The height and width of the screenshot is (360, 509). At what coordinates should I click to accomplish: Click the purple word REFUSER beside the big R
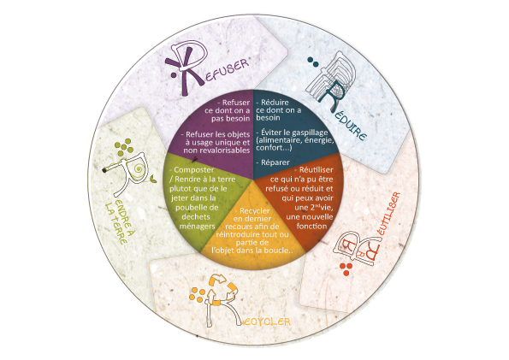(227, 69)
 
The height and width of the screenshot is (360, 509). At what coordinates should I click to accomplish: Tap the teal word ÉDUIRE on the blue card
(349, 127)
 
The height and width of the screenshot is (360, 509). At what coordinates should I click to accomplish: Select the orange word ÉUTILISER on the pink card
(388, 214)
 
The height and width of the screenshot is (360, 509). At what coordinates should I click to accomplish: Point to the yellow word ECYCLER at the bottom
(267, 322)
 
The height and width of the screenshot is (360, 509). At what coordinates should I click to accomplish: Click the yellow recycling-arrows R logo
(220, 301)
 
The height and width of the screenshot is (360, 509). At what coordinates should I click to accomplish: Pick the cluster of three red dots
(346, 269)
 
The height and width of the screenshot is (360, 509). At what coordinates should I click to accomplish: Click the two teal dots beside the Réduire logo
(313, 62)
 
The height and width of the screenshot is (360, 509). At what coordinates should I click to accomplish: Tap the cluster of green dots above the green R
(124, 147)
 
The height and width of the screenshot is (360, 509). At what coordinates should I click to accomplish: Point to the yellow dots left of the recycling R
(197, 294)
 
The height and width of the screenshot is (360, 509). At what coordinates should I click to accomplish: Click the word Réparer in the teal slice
(275, 162)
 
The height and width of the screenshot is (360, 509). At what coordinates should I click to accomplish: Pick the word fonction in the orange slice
(311, 226)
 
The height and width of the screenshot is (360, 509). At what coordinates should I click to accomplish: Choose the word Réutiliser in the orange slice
(316, 170)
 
